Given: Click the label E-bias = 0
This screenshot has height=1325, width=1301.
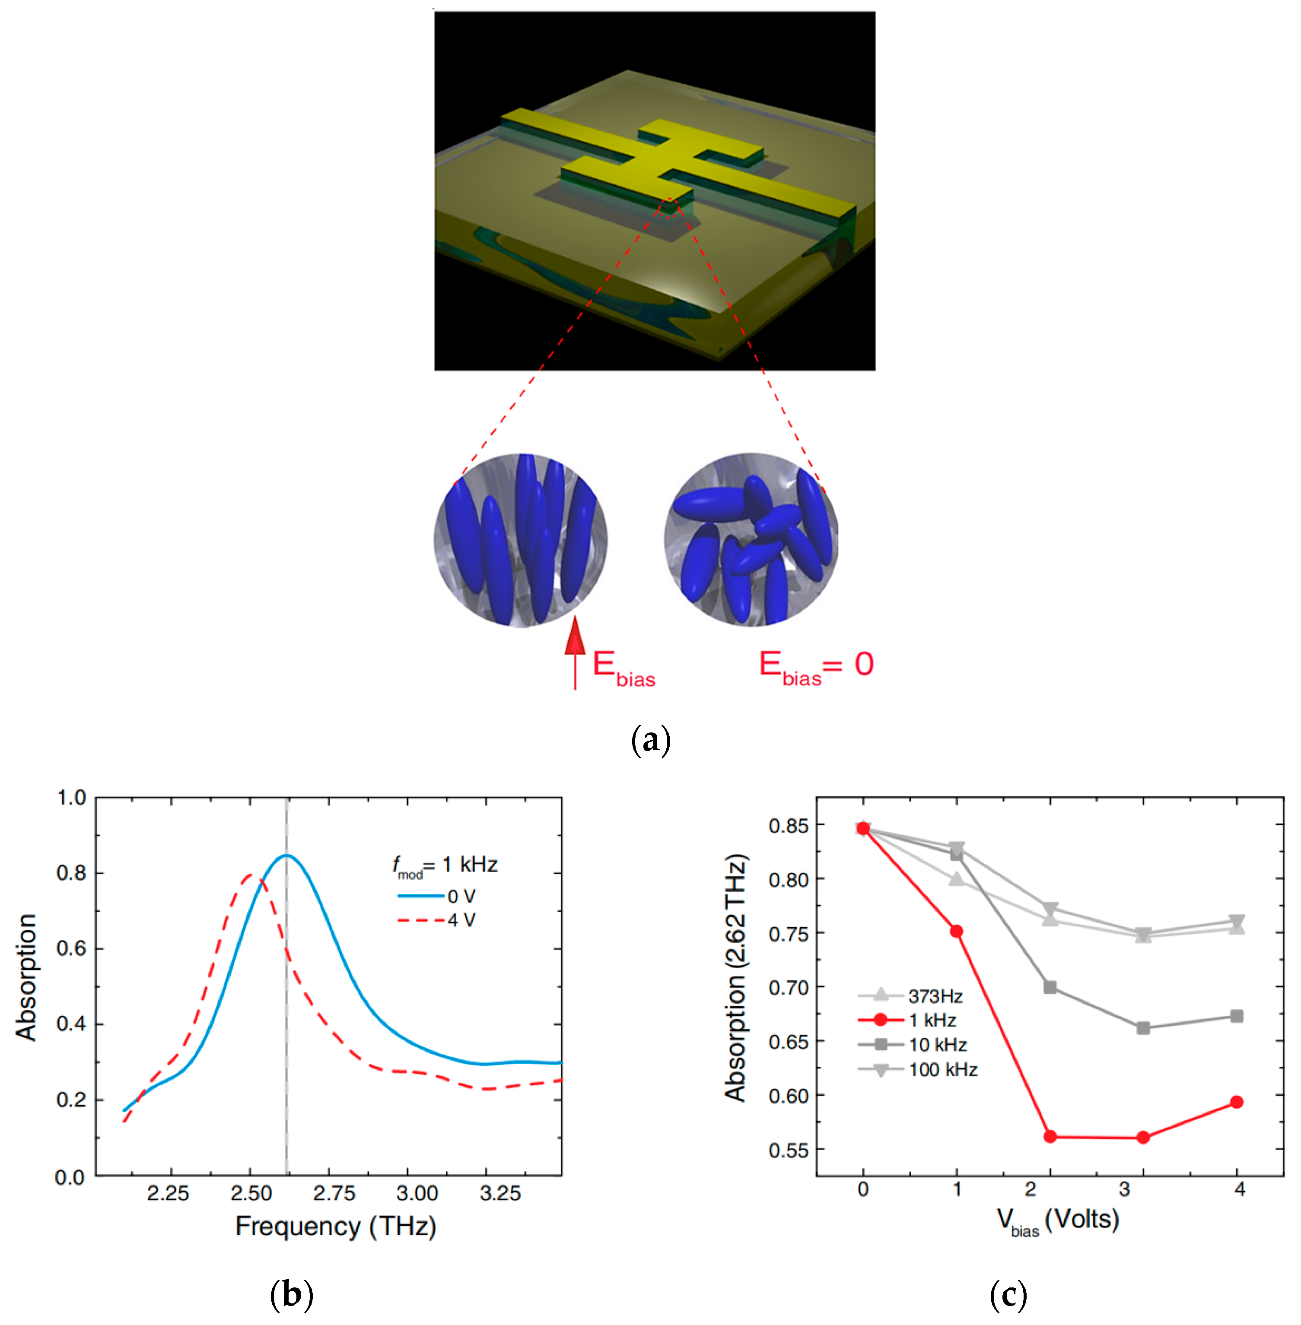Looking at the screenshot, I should pos(816,665).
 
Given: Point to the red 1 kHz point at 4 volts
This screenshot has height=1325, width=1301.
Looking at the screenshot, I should pos(1236,1102).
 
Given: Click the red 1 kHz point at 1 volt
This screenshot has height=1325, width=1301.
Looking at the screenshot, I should pos(957,932).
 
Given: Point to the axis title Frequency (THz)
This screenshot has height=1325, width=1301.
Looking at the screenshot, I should pos(335,1227).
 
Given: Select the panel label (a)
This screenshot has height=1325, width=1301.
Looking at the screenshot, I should pos(651,740).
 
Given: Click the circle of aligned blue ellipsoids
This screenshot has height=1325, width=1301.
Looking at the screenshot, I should pos(521,539).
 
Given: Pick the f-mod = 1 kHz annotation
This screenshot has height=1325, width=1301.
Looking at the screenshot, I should pos(445,866).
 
